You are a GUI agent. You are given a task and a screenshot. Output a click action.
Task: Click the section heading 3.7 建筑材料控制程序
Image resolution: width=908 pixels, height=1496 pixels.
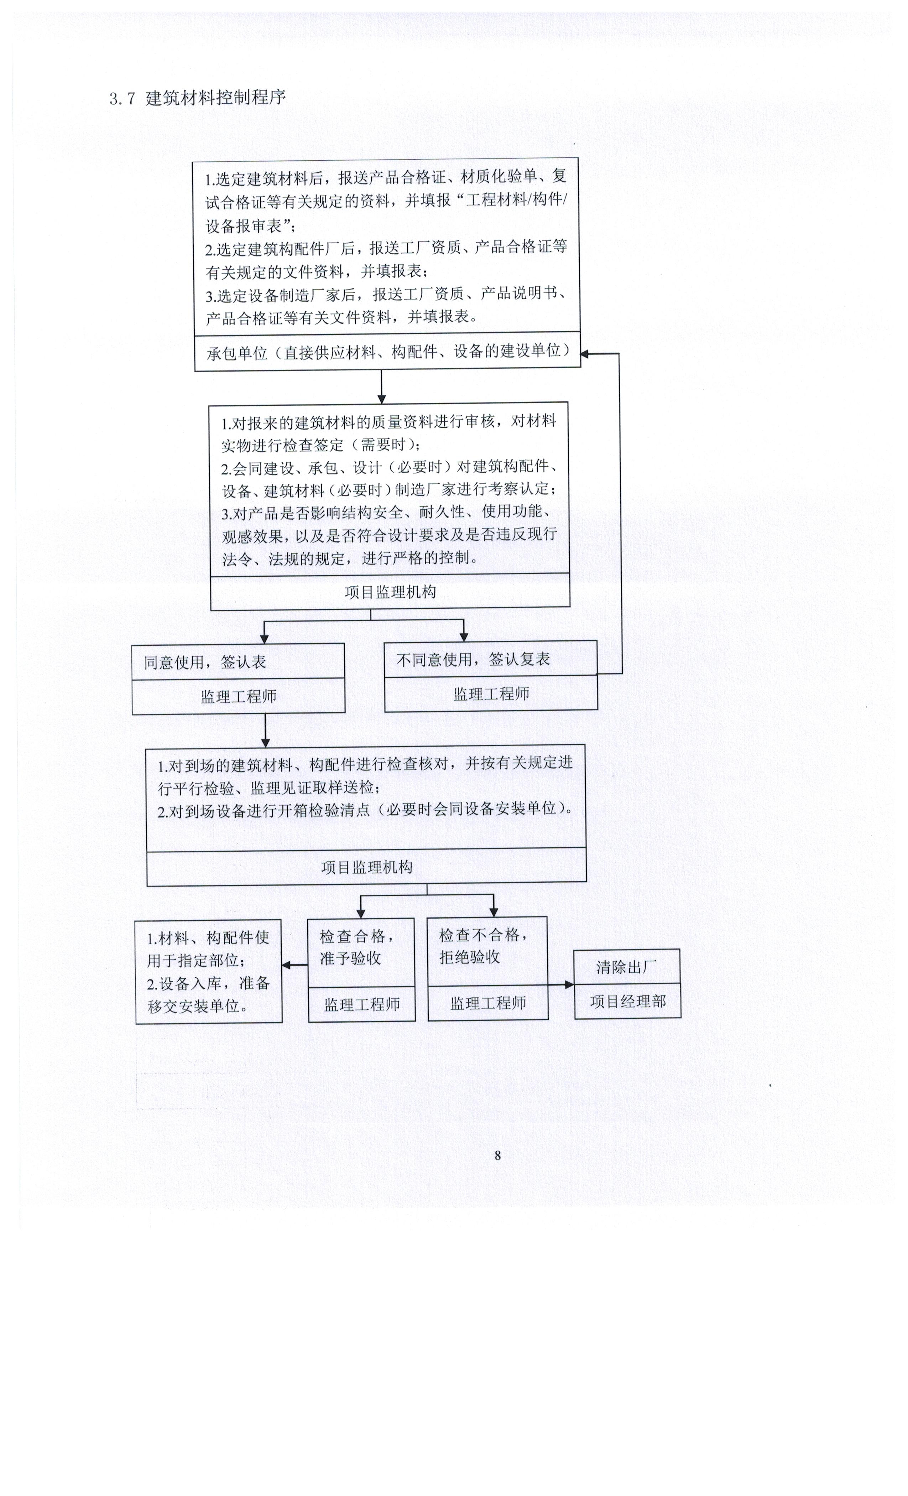pos(197,98)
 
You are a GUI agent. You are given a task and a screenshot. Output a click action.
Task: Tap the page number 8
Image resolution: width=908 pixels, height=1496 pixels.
pos(498,1155)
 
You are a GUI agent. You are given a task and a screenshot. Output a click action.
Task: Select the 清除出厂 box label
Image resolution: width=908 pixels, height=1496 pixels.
pos(626,967)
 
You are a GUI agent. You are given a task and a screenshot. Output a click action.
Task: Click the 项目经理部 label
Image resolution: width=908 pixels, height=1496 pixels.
pos(627,1002)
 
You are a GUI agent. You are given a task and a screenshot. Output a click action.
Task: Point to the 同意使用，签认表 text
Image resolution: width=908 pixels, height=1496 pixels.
pos(205,662)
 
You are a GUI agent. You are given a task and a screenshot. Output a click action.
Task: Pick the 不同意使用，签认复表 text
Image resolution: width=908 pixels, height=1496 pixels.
pos(474,659)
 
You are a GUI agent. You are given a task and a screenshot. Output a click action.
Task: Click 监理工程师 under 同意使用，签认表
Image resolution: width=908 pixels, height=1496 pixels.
pos(239,696)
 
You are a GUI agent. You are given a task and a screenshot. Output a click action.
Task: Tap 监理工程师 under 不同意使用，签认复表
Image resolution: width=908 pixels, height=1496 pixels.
pos(492,694)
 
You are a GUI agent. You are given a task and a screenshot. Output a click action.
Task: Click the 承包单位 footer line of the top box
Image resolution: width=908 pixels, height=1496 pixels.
pos(388,352)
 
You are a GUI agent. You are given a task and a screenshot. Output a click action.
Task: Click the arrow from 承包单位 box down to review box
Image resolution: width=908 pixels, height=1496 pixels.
pos(381,387)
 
